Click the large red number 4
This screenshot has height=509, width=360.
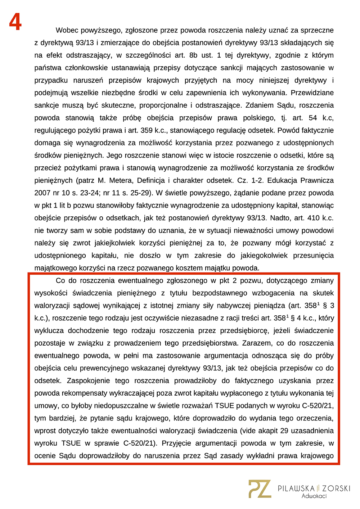tap(15, 22)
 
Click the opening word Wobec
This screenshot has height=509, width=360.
tap(67, 30)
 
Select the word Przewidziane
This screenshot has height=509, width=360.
tap(312, 93)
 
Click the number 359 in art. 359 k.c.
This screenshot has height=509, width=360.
tap(147, 130)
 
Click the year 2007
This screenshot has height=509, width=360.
tap(42, 193)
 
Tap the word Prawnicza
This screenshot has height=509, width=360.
tap(317, 180)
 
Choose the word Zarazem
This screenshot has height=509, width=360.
tap(255, 343)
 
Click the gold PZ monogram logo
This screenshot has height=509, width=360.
tap(260, 489)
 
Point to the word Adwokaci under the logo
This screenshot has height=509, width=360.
tap(314, 496)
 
